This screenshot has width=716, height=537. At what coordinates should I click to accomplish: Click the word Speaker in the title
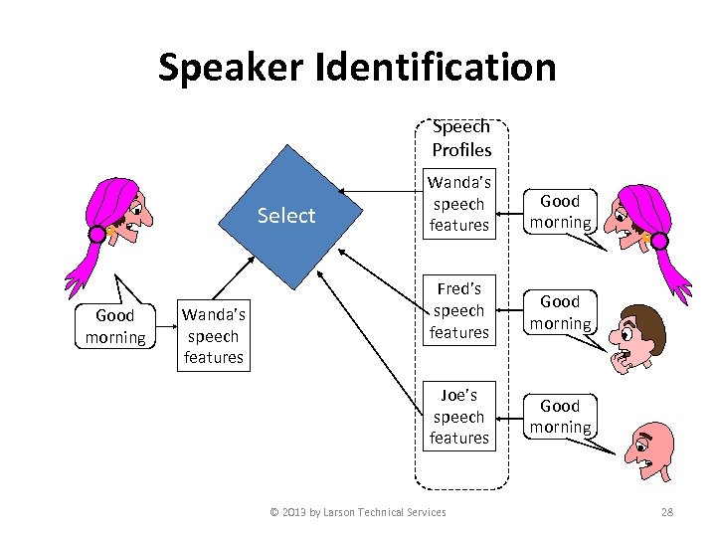[x=230, y=68]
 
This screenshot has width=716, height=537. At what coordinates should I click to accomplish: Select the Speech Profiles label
[x=460, y=138]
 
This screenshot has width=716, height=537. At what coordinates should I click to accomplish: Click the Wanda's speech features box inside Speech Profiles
[x=458, y=204]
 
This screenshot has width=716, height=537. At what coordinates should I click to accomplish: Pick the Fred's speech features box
[x=458, y=310]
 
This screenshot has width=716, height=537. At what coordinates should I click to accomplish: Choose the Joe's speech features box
[x=458, y=416]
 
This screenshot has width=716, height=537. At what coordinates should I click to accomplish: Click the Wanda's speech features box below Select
[x=213, y=336]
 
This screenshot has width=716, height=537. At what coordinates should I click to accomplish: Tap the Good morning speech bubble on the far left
[x=115, y=326]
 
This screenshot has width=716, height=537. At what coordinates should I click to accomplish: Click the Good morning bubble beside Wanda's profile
[x=560, y=211]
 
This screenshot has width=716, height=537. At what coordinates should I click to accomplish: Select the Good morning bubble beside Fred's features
[x=560, y=311]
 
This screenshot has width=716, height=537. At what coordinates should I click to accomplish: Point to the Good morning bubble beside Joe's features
[x=560, y=416]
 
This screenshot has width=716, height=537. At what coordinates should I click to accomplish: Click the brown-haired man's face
[x=636, y=333]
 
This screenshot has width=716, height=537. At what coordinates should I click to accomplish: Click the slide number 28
[x=667, y=512]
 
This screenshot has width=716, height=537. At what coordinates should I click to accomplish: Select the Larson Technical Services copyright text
[x=358, y=512]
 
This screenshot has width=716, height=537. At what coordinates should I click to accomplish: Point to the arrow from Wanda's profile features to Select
[x=378, y=191]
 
